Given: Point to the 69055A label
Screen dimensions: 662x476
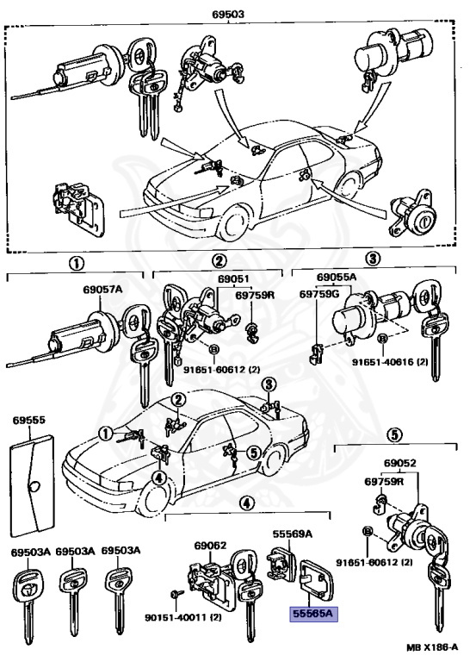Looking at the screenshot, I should click(335, 278).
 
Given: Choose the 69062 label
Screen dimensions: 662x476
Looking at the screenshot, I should click(210, 545).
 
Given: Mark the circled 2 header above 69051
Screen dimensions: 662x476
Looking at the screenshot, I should click(220, 261).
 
